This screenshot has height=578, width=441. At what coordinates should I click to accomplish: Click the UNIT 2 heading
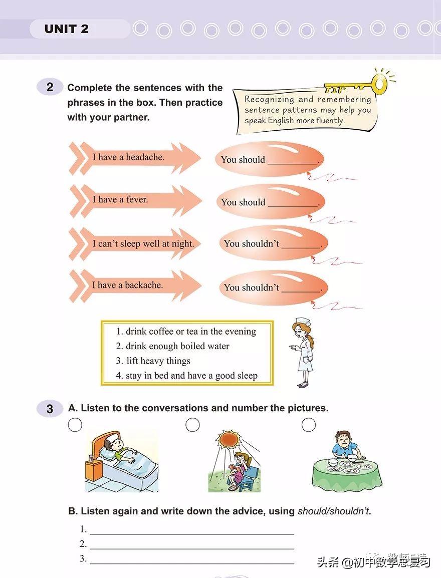click(x=66, y=29)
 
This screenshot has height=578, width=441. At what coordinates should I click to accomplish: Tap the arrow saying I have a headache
click(x=135, y=158)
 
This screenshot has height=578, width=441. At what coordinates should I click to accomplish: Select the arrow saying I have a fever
click(x=135, y=200)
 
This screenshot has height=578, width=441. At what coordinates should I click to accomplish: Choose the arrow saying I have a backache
click(x=135, y=286)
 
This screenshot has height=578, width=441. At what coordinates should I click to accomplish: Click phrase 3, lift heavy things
click(x=153, y=361)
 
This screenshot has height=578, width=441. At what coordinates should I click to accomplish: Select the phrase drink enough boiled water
click(x=172, y=346)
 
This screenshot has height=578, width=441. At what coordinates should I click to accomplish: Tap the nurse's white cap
click(x=301, y=322)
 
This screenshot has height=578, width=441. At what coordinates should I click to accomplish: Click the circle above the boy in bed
click(x=75, y=425)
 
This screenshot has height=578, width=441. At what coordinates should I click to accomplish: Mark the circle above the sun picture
click(x=192, y=425)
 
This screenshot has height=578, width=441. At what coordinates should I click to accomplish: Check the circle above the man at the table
click(x=309, y=425)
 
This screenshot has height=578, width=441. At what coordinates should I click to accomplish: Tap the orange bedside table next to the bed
click(x=93, y=469)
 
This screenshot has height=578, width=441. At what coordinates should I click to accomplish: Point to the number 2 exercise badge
click(x=50, y=87)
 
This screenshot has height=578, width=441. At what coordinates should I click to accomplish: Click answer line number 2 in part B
click(x=192, y=548)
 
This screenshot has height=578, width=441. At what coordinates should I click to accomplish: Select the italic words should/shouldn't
click(x=334, y=511)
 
